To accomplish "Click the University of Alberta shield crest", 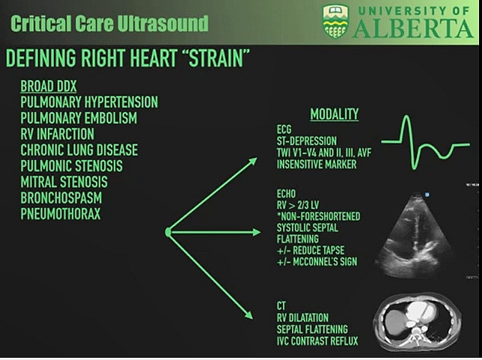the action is pyautogui.click(x=335, y=22).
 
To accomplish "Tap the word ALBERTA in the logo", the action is pyautogui.click(x=413, y=29).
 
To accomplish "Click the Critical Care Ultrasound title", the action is pyautogui.click(x=109, y=23).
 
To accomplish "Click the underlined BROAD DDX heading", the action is pyautogui.click(x=48, y=86).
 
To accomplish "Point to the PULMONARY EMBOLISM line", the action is pyautogui.click(x=79, y=118).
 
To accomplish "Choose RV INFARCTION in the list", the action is pyautogui.click(x=57, y=134).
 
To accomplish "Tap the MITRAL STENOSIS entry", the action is pyautogui.click(x=64, y=182).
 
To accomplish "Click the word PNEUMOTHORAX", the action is pyautogui.click(x=60, y=213).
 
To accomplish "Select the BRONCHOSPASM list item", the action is pyautogui.click(x=61, y=198).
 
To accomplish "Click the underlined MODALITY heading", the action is pyautogui.click(x=335, y=115).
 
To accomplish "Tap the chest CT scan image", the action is pyautogui.click(x=417, y=322).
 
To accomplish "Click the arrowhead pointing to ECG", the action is pyautogui.click(x=253, y=161).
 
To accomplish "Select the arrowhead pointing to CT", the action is pyautogui.click(x=249, y=314).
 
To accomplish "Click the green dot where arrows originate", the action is pyautogui.click(x=168, y=232).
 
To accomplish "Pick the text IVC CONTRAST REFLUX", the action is pyautogui.click(x=317, y=341).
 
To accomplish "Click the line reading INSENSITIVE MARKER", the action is pyautogui.click(x=317, y=165).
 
